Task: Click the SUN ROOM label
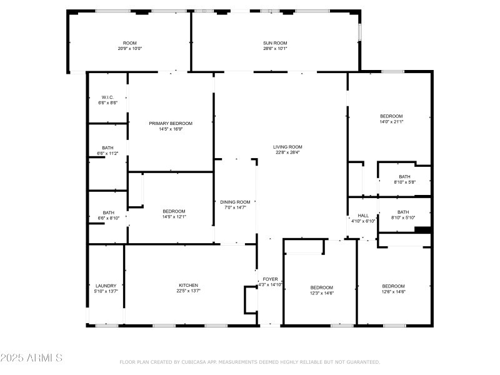pyautogui.click(x=275, y=42)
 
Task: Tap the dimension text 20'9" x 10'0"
pyautogui.click(x=130, y=48)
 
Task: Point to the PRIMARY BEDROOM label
pyautogui.click(x=171, y=123)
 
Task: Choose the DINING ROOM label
pyautogui.click(x=235, y=202)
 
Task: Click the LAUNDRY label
pyautogui.click(x=106, y=286)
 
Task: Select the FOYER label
pyautogui.click(x=270, y=279)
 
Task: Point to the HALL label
pyautogui.click(x=363, y=216)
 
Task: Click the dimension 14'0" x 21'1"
pyautogui.click(x=391, y=122)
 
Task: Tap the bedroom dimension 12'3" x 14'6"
pyautogui.click(x=322, y=292)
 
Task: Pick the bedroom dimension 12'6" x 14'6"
pyautogui.click(x=394, y=292)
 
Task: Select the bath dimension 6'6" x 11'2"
pyautogui.click(x=108, y=153)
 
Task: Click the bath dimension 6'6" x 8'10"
pyautogui.click(x=108, y=218)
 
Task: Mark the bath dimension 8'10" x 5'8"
pyautogui.click(x=404, y=182)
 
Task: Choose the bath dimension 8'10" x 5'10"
pyautogui.click(x=403, y=217)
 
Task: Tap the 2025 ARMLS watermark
pyautogui.click(x=31, y=358)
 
